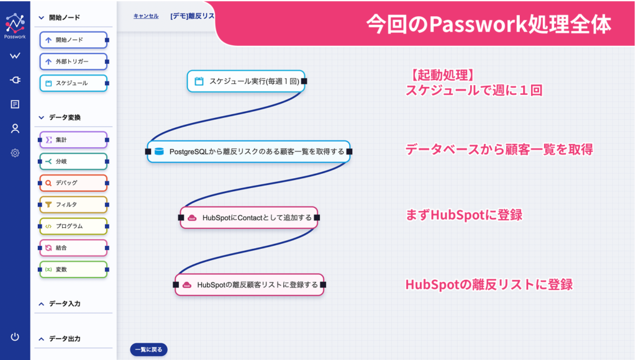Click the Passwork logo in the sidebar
[x=15, y=25]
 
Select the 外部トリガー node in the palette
[x=73, y=61]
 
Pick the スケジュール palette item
[x=73, y=83]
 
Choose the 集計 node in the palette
[x=73, y=140]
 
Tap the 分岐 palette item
[x=73, y=161]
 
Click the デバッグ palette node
[x=73, y=183]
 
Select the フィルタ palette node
[x=73, y=205]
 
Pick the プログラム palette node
[x=73, y=226]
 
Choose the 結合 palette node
[x=73, y=248]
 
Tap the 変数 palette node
[x=73, y=269]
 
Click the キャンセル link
[x=146, y=16]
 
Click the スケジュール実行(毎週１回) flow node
[x=246, y=81]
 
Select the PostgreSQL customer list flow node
[x=248, y=151]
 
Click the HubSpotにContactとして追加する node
[x=249, y=218]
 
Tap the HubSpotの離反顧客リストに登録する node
[x=250, y=285]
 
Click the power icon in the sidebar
[x=15, y=337]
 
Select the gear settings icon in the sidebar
[x=15, y=153]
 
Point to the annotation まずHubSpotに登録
[x=464, y=215]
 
